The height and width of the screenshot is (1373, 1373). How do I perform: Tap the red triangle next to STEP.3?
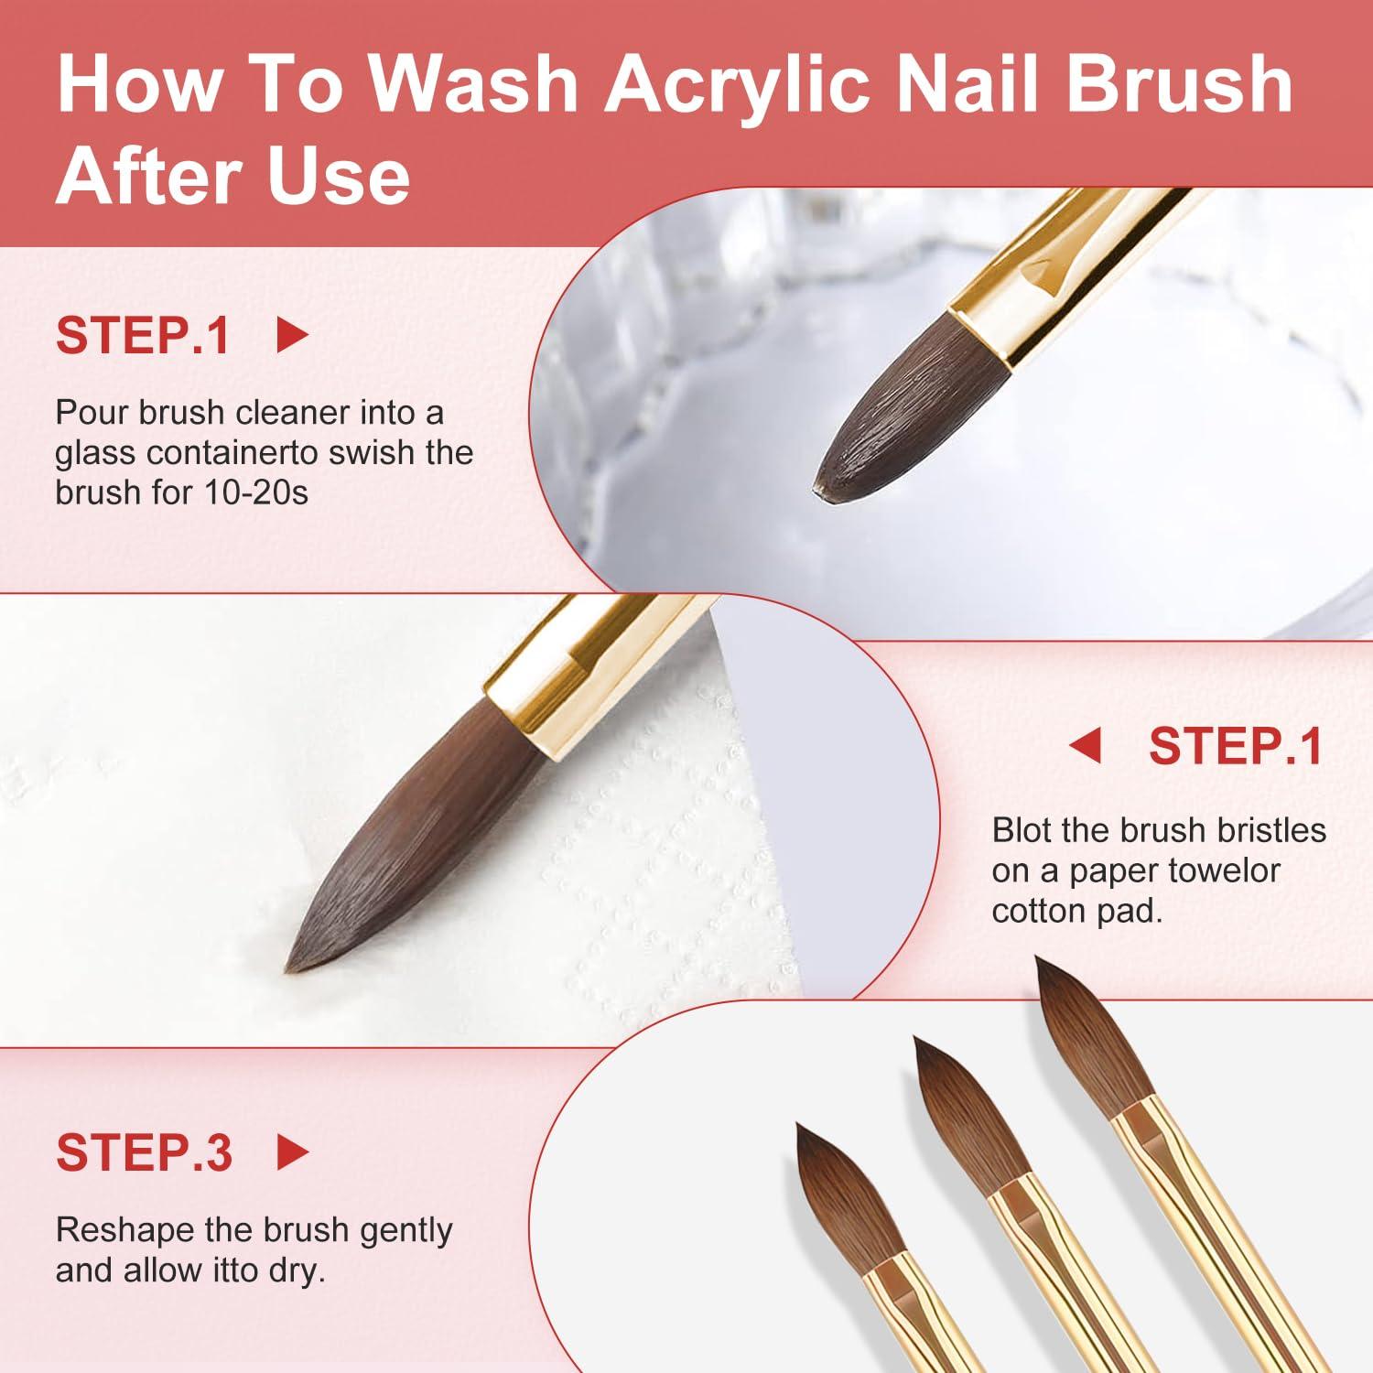(293, 1153)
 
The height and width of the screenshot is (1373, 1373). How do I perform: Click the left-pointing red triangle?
(1085, 746)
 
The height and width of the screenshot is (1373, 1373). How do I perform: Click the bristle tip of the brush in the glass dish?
(817, 490)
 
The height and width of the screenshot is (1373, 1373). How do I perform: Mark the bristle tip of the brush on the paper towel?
(290, 967)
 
